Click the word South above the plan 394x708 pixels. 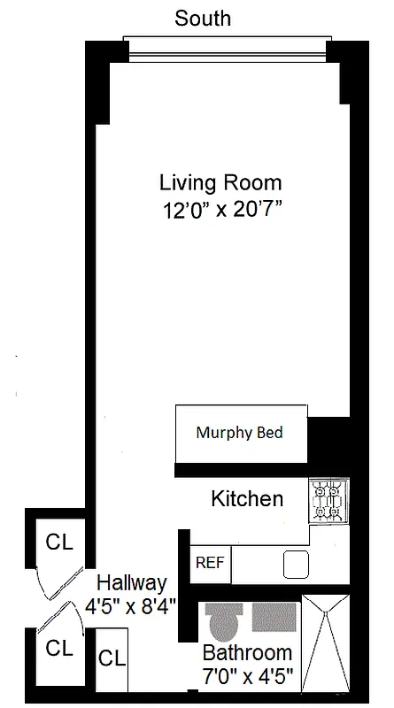(204, 18)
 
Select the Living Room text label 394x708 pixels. (220, 183)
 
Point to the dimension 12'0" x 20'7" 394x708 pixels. (220, 212)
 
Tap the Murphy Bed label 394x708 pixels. (239, 433)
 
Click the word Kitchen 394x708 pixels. (247, 499)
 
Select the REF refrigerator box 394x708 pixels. (209, 563)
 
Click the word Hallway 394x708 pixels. (131, 583)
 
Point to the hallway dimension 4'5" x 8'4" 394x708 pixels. (131, 607)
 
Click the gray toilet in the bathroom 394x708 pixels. (222, 620)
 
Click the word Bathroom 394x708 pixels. (247, 653)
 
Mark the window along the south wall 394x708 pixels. (227, 50)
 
